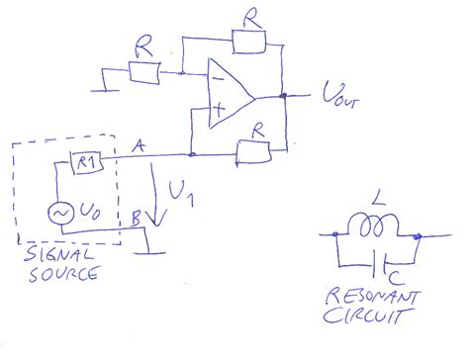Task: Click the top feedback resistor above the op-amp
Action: (248, 39)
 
